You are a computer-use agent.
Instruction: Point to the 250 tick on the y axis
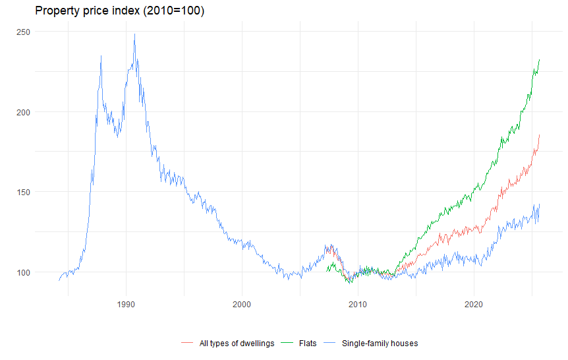point(24,32)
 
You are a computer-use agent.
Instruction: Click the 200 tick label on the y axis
point(24,112)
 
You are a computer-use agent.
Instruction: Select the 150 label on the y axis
point(24,192)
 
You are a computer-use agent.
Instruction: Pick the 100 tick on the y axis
point(24,272)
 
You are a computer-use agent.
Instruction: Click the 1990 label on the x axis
point(126,304)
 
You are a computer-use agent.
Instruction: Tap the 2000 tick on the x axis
point(242,304)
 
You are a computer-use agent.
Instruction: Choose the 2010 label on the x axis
point(358,304)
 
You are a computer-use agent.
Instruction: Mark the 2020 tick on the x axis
point(474,304)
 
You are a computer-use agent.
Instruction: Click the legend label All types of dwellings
point(237,343)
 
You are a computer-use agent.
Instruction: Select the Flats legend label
point(308,343)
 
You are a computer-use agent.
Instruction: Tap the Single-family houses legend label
point(380,343)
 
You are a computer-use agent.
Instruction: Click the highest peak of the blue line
point(134,34)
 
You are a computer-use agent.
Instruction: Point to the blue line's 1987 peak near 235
point(101,56)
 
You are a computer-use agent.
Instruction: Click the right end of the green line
point(539,60)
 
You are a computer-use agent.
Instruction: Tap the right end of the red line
point(539,135)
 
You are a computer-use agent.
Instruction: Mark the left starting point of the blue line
point(59,280)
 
